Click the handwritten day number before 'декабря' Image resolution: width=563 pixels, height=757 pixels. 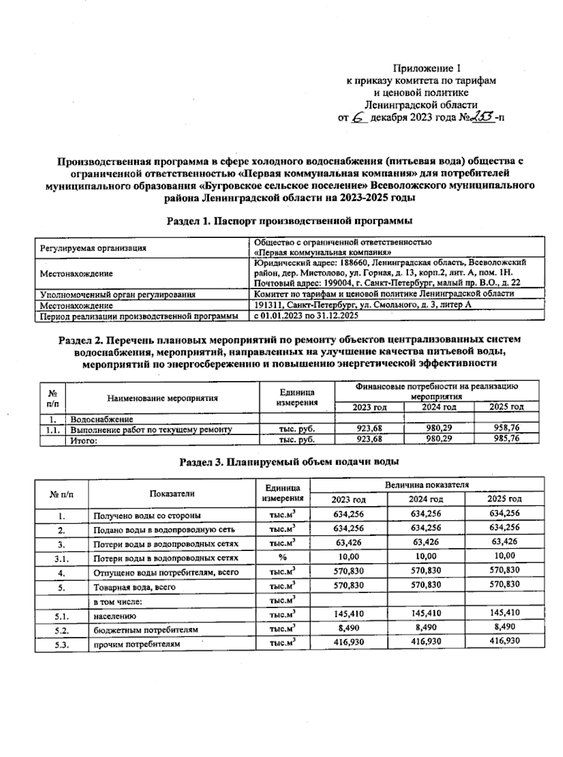(359, 118)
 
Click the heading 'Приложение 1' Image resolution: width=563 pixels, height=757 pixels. (430, 69)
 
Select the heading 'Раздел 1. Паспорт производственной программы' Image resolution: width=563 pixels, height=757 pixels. (289, 221)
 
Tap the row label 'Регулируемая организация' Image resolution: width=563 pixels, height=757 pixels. (93, 248)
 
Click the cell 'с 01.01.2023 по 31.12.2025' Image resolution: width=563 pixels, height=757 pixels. (306, 316)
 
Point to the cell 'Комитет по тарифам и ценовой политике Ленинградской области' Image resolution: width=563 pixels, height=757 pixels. (384, 294)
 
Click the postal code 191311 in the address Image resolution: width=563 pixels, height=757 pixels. (265, 305)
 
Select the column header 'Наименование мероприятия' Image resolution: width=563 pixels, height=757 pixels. (162, 398)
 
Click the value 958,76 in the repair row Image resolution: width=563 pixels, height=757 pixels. (506, 428)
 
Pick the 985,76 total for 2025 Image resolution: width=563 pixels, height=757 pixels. (506, 439)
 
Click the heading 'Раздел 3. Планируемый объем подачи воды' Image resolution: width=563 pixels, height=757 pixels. (289, 462)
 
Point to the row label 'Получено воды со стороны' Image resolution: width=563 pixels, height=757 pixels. (147, 515)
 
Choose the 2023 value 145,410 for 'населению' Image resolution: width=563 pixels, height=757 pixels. (348, 613)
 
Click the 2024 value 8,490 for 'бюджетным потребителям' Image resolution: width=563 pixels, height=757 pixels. (426, 627)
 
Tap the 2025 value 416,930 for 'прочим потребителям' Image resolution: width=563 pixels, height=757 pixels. (504, 641)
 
